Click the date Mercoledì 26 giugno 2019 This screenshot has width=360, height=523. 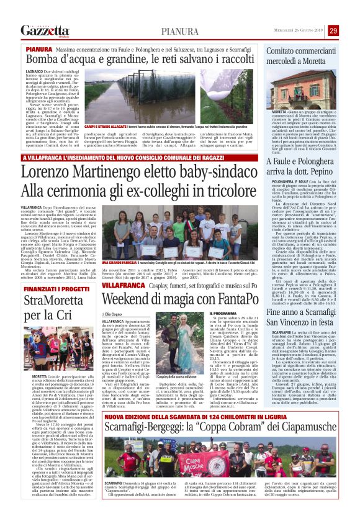pos(295,31)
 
